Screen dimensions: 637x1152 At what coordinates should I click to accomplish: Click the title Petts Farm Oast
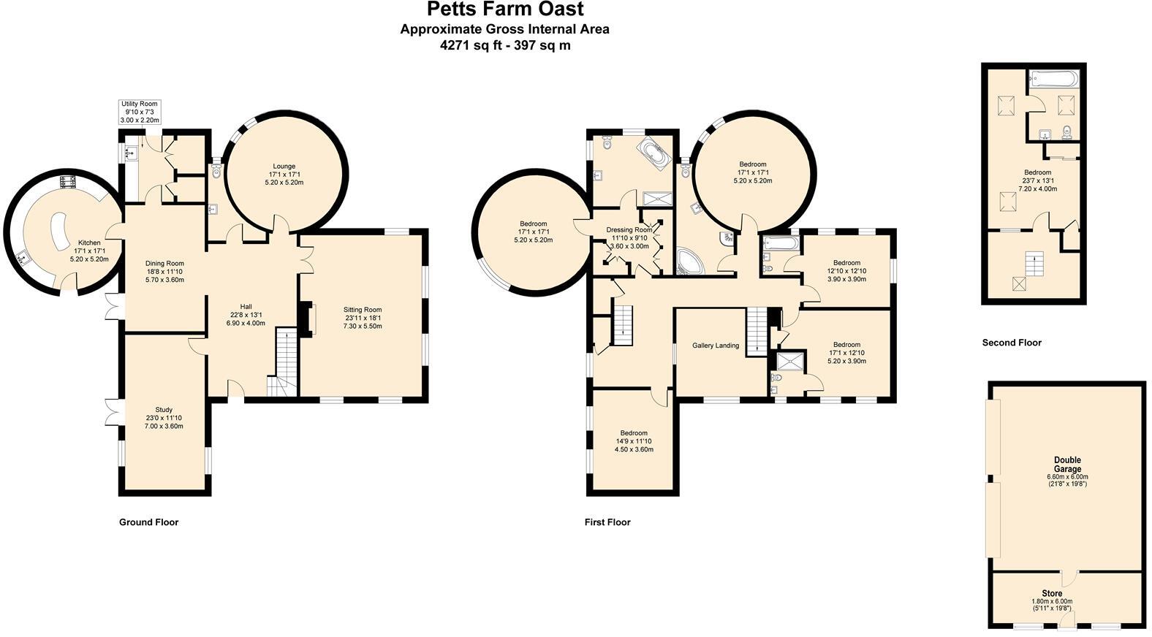point(505,9)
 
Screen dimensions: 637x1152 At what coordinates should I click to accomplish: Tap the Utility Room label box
point(139,112)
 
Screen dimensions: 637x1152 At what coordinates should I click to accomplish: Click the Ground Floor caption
point(148,522)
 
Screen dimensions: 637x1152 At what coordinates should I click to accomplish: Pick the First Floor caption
point(607,522)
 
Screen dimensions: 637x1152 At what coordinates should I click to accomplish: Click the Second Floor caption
point(1011,343)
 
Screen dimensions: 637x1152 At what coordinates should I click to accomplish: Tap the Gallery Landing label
point(715,346)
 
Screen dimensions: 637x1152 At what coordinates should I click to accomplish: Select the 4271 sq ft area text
point(504,45)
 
